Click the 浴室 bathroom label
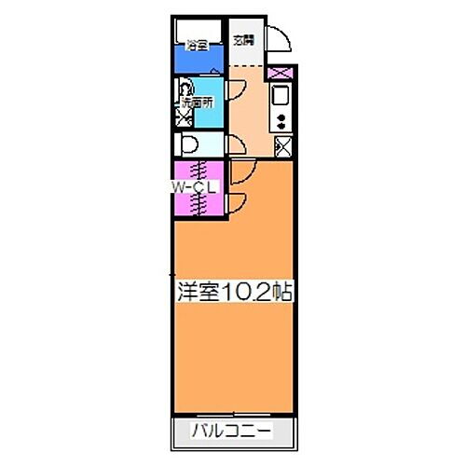196,44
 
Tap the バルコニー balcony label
232,432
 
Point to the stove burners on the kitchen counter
281,118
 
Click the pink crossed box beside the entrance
279,74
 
